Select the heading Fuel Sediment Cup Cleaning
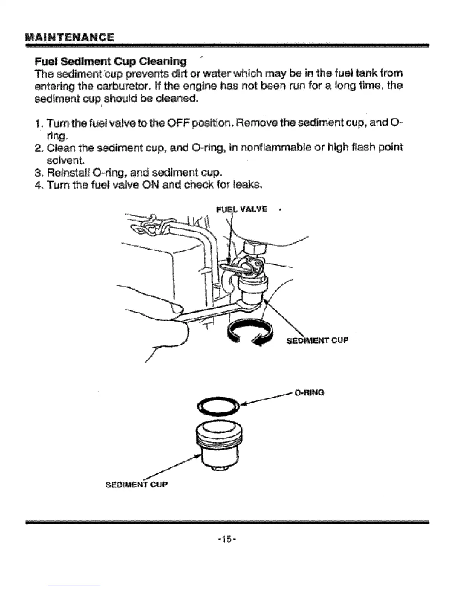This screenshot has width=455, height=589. click(x=110, y=61)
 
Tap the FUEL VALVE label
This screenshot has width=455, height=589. click(x=242, y=209)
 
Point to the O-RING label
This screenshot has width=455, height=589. click(x=309, y=392)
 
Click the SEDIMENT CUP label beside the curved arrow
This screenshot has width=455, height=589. click(x=317, y=340)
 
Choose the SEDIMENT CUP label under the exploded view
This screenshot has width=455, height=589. click(x=137, y=485)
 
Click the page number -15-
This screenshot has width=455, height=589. click(x=227, y=538)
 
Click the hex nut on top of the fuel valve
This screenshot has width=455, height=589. click(x=254, y=247)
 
